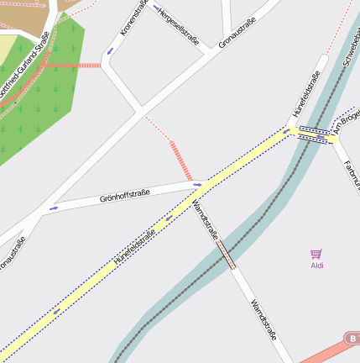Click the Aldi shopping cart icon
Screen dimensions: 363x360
point(316,254)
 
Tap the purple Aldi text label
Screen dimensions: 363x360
point(317,266)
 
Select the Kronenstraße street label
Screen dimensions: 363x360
point(133,18)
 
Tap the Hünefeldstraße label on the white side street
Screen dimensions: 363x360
point(307,94)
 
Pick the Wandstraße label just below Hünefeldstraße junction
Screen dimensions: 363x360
point(206,220)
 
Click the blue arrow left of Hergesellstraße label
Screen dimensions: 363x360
point(156,8)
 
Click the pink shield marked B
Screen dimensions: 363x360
point(352,338)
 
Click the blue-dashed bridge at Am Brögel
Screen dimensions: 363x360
point(314,134)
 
